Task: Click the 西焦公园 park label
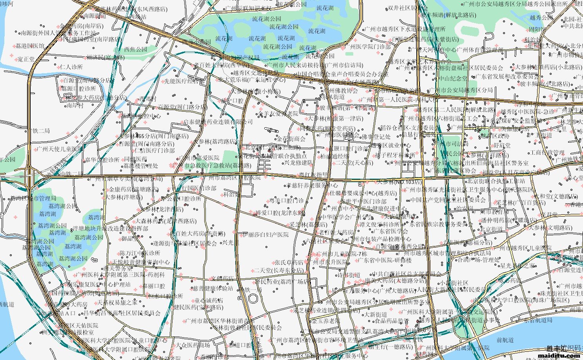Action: tap(136, 49)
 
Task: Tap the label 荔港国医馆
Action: tap(30, 46)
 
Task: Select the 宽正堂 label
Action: tap(26, 60)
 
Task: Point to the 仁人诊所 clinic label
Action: tap(71, 67)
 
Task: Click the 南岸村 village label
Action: tap(75, 105)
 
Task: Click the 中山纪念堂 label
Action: tap(453, 78)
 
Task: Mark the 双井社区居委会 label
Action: tap(407, 7)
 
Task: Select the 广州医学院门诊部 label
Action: tap(368, 47)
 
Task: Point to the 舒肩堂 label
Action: tap(502, 145)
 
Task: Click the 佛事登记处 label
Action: tap(376, 137)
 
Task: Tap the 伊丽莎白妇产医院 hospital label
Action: tap(265, 235)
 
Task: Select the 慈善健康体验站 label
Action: tap(213, 288)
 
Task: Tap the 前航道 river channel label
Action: tap(504, 340)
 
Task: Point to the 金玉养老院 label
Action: tap(326, 320)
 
